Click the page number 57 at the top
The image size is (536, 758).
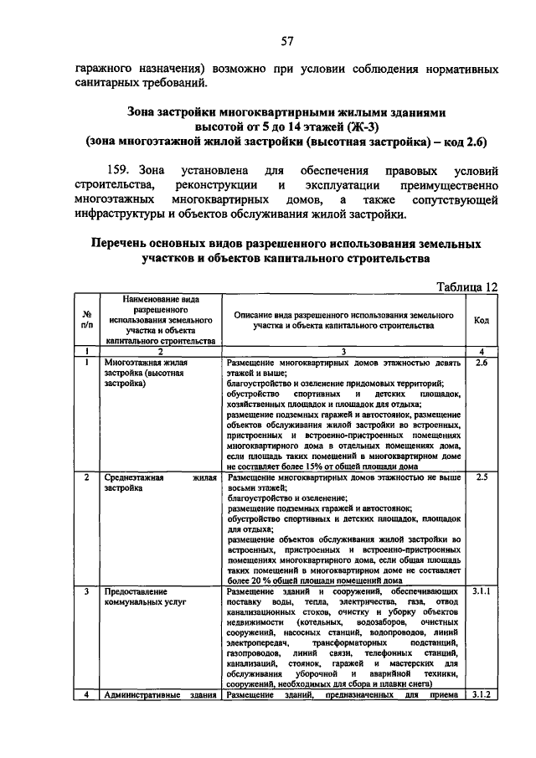coord(286,41)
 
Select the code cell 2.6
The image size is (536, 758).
coord(481,363)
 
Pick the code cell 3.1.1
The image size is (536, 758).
coord(481,591)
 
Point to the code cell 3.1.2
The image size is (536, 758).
coord(481,694)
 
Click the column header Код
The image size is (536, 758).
coord(482,320)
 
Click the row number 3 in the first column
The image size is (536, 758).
coord(86,591)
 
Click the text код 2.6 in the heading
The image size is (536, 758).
coord(466,141)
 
